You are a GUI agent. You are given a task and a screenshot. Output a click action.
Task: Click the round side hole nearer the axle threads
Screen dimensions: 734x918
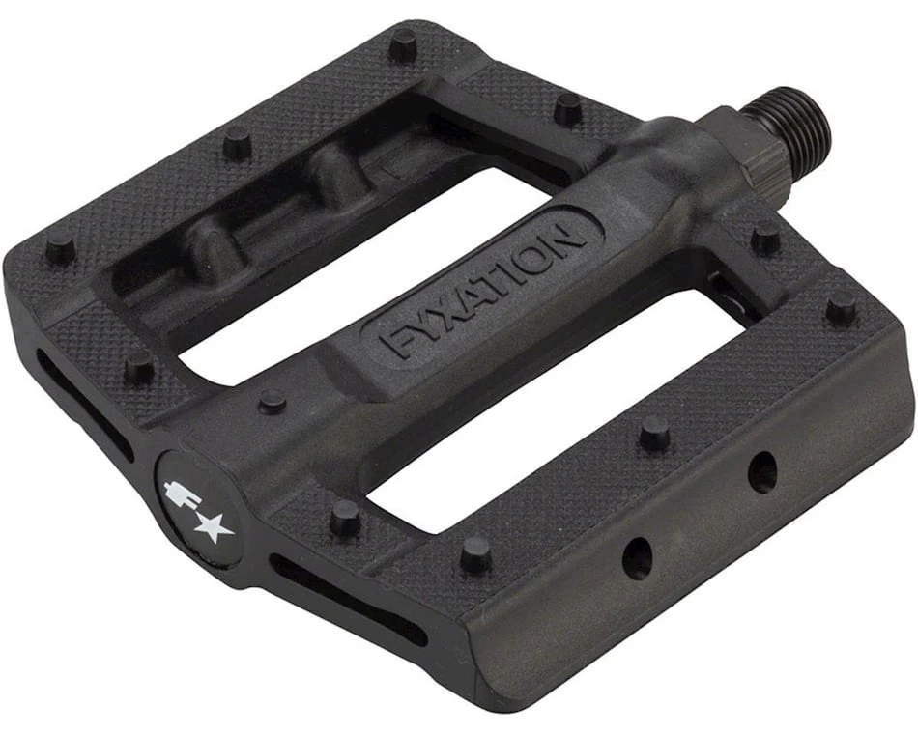(x=762, y=472)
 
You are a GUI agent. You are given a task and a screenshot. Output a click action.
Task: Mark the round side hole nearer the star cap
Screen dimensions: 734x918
(x=636, y=558)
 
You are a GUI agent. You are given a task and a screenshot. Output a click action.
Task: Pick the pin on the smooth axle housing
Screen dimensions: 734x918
(x=273, y=400)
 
